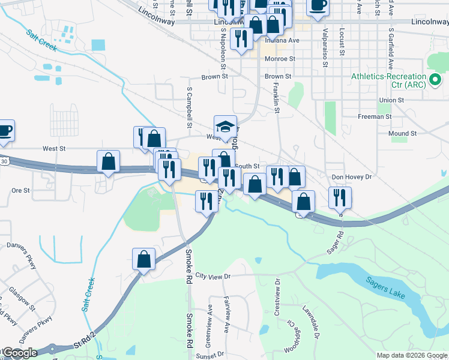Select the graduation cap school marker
tap(226, 127)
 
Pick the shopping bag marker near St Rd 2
tap(144, 259)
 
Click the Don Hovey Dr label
tap(352, 177)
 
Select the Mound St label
tap(402, 133)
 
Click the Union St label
tap(391, 100)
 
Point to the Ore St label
tap(20, 190)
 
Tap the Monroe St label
tap(280, 59)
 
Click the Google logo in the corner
tap(19, 353)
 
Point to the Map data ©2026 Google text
tap(411, 355)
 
